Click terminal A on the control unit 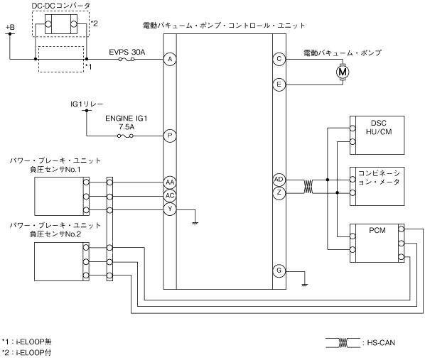[x=170, y=59]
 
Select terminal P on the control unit [x=170, y=136]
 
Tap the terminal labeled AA [x=170, y=182]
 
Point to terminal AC [x=170, y=195]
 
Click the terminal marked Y [x=170, y=209]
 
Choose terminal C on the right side [x=279, y=59]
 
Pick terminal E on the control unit [x=279, y=84]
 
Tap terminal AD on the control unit [x=279, y=180]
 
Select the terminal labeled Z [x=279, y=193]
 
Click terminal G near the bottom [x=279, y=271]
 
